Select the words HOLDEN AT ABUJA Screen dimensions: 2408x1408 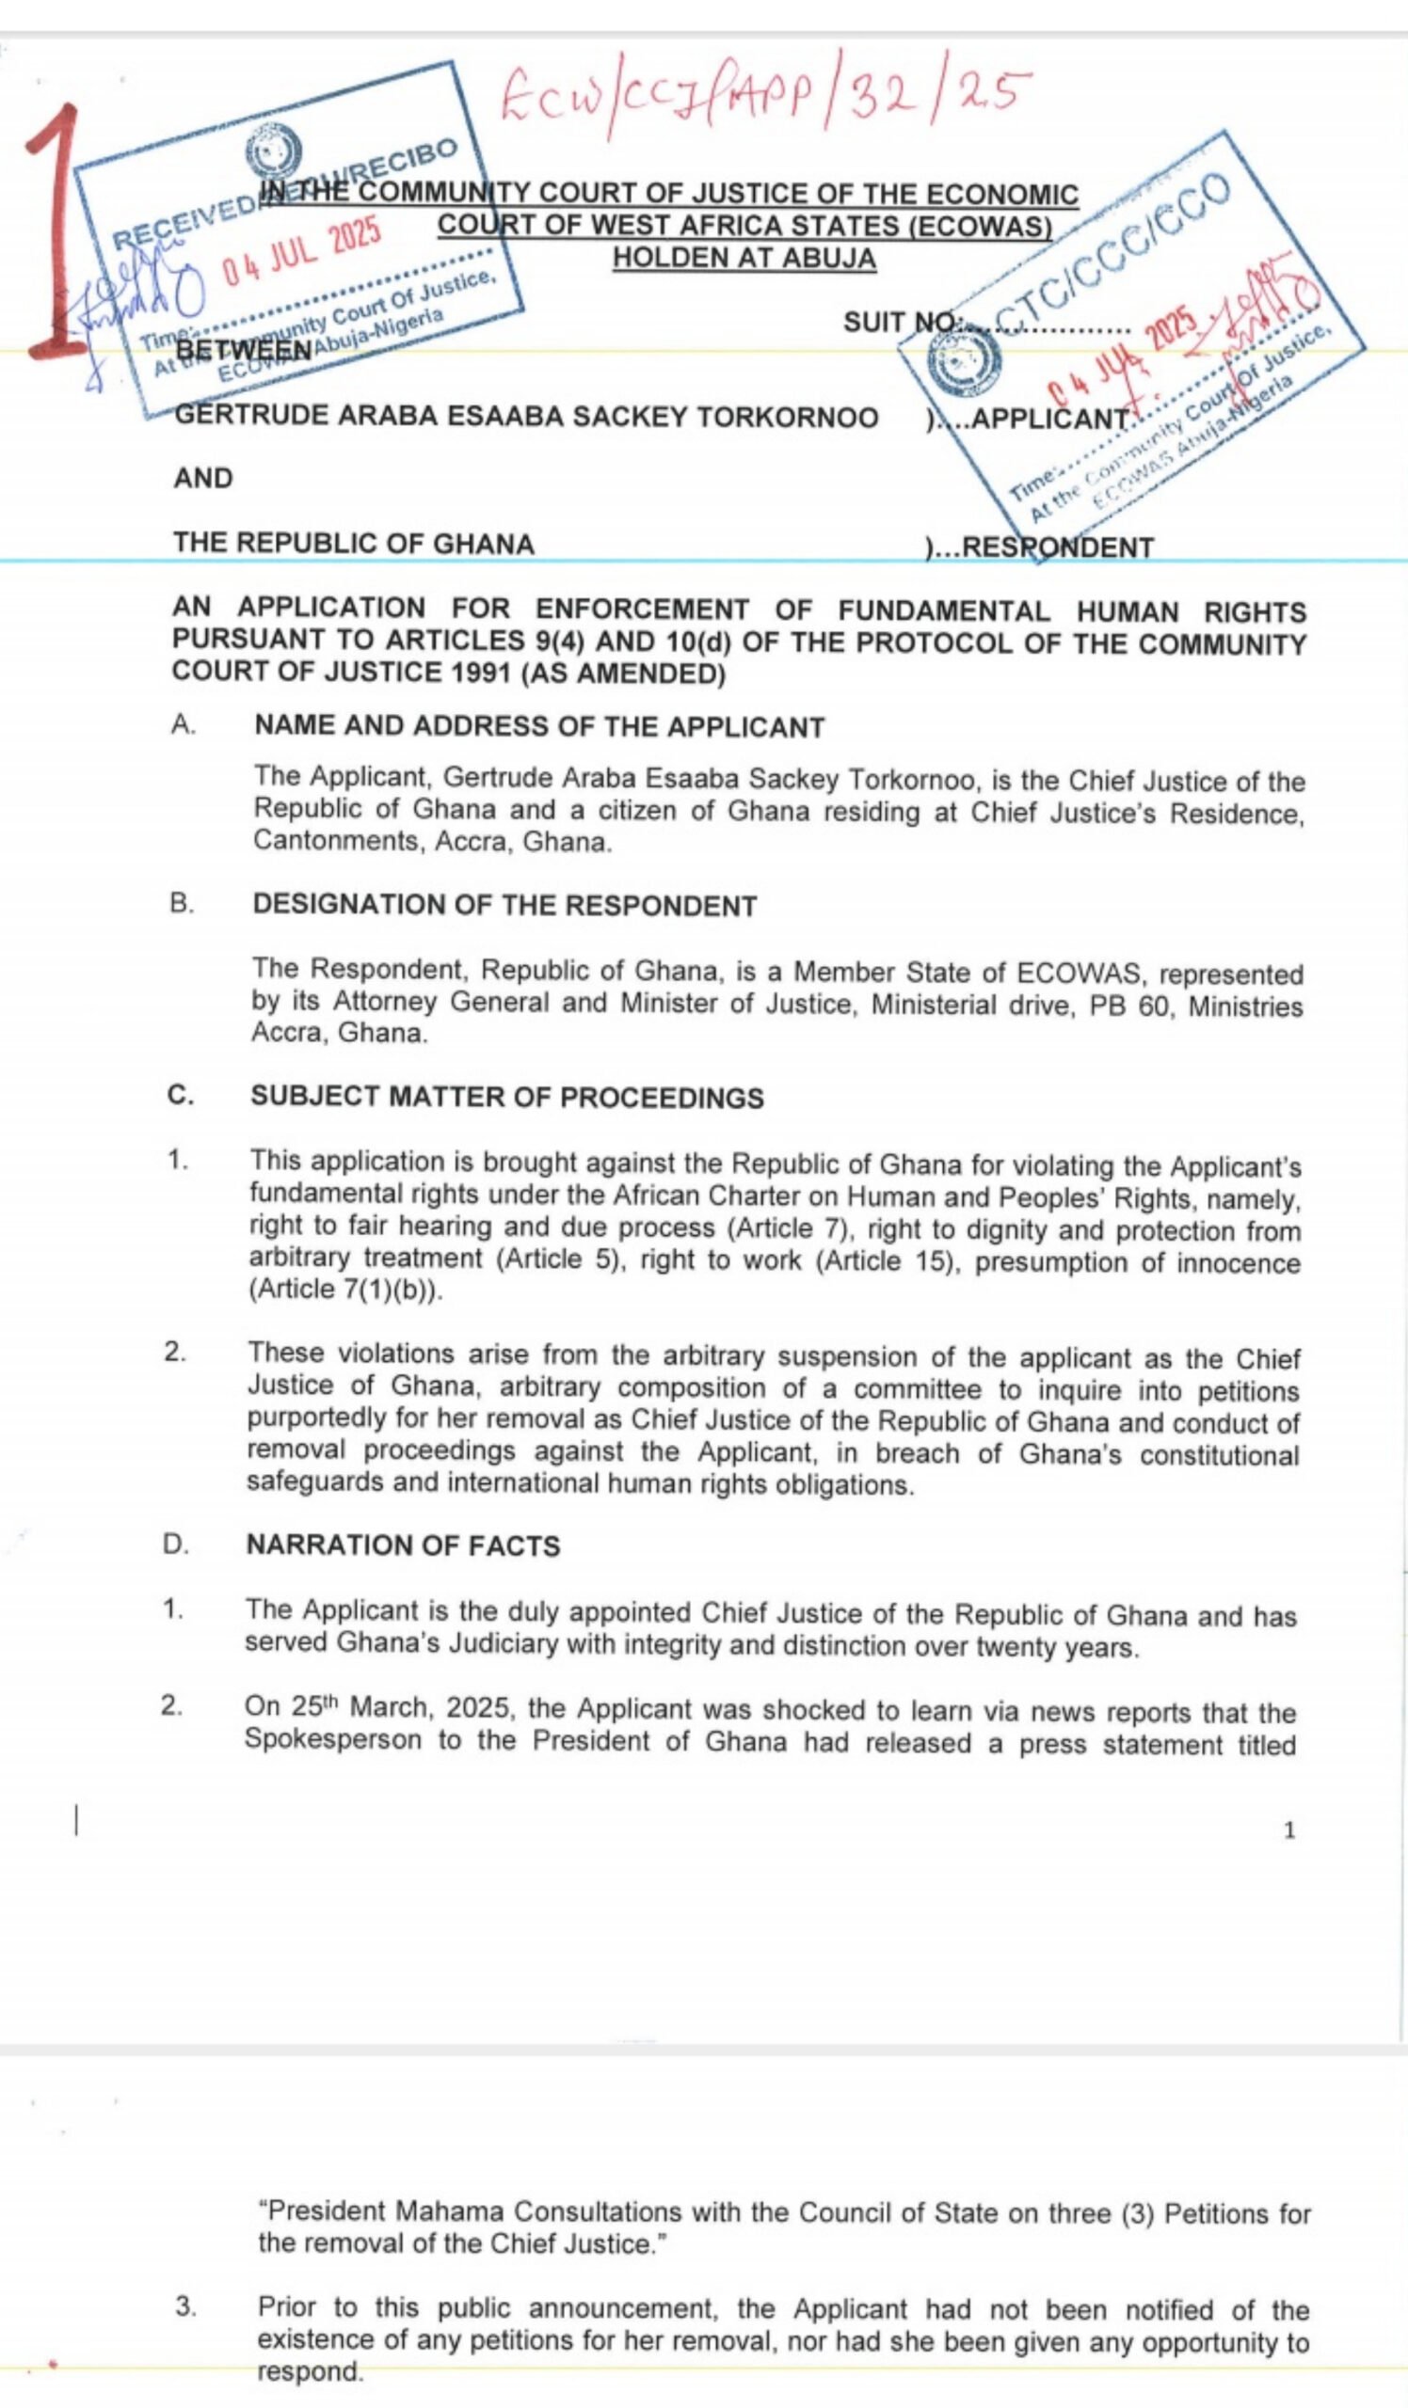point(744,258)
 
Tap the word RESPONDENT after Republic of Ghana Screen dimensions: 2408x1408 point(1057,547)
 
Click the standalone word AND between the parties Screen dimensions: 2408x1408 point(202,478)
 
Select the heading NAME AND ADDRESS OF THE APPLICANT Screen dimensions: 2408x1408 point(539,727)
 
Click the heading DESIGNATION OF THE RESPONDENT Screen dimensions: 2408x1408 point(504,906)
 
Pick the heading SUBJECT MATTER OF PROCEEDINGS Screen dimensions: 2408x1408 point(506,1097)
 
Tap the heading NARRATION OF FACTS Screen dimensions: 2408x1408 point(403,1545)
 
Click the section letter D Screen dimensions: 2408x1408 point(175,1545)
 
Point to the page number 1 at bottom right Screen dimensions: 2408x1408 point(1289,1830)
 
